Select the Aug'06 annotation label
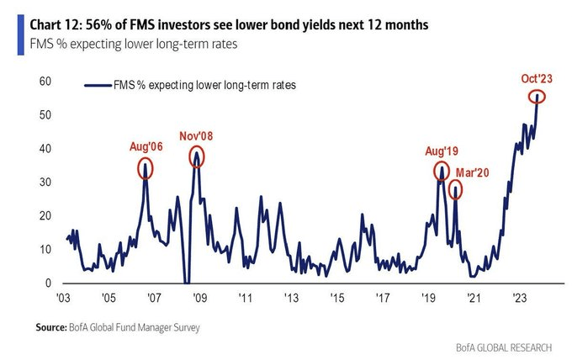[146, 146]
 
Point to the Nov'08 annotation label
[198, 136]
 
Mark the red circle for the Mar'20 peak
[455, 189]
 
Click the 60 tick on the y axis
[45, 82]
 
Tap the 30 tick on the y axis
[45, 183]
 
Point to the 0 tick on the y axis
[49, 283]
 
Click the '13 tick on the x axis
[290, 299]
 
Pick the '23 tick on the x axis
[519, 299]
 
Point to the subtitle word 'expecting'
[94, 42]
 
